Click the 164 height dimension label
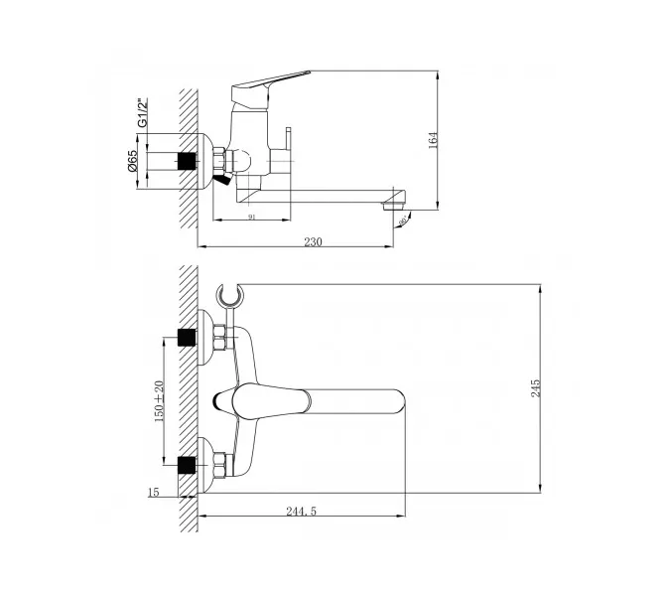click(x=433, y=141)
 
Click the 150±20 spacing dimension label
click(x=158, y=401)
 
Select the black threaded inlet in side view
click(x=186, y=161)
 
